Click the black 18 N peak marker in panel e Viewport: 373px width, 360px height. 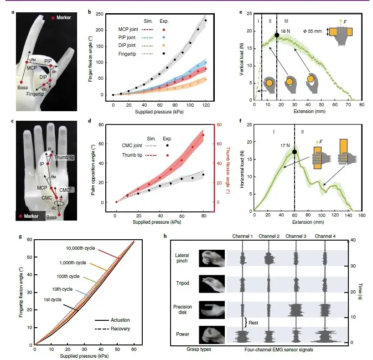[277, 35]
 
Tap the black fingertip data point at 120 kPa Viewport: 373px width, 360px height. [206, 21]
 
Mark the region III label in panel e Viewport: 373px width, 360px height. [285, 21]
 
